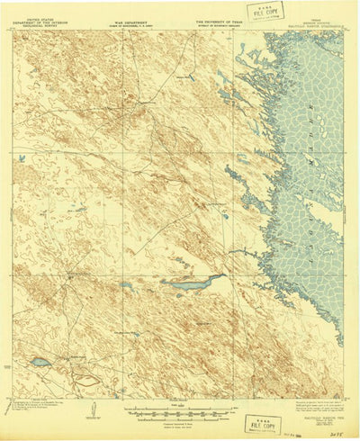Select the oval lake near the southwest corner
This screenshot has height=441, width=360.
(x=40, y=363)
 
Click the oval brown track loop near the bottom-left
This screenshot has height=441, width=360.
(x=87, y=379)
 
